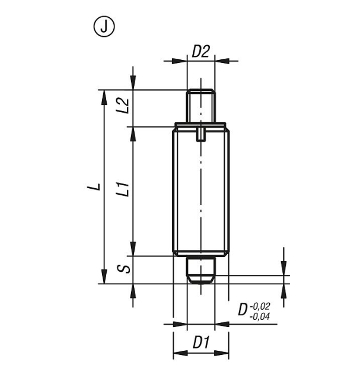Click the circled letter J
click(x=104, y=26)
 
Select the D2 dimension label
click(x=200, y=52)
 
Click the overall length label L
click(x=94, y=186)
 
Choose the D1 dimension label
click(x=201, y=343)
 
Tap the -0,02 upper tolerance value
click(x=260, y=306)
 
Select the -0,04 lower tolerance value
click(x=260, y=316)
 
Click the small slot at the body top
click(x=201, y=134)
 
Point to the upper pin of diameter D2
click(x=201, y=106)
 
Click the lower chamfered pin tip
click(x=201, y=270)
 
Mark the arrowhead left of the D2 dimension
click(x=180, y=61)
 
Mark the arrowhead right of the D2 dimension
click(x=222, y=61)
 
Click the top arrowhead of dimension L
click(x=104, y=97)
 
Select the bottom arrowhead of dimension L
click(x=104, y=276)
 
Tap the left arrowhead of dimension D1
click(x=180, y=353)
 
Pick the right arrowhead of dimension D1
click(x=221, y=353)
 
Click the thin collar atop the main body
click(x=200, y=125)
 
